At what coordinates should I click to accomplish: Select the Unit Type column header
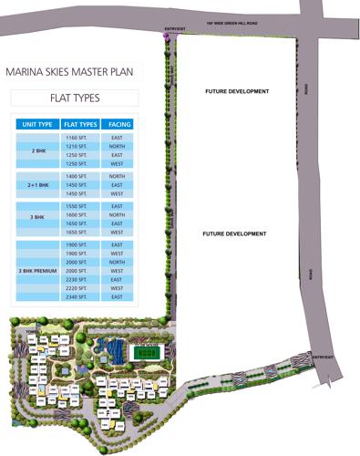tap(37, 124)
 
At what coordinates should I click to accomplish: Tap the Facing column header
tap(117, 124)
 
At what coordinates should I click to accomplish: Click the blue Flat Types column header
tap(80, 124)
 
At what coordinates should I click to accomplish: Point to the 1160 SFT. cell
tap(77, 137)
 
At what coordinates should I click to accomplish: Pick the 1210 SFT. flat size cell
tap(77, 146)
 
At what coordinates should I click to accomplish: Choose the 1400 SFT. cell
tap(77, 176)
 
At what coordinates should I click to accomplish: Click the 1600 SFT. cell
tap(77, 215)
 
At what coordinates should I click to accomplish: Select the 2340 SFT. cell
tap(77, 296)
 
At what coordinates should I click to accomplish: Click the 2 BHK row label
tap(37, 150)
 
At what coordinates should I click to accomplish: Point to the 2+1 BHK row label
tap(37, 185)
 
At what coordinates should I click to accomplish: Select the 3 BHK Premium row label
tap(37, 271)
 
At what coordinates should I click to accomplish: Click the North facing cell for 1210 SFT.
tap(117, 146)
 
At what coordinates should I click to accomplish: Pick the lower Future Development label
tap(234, 234)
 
